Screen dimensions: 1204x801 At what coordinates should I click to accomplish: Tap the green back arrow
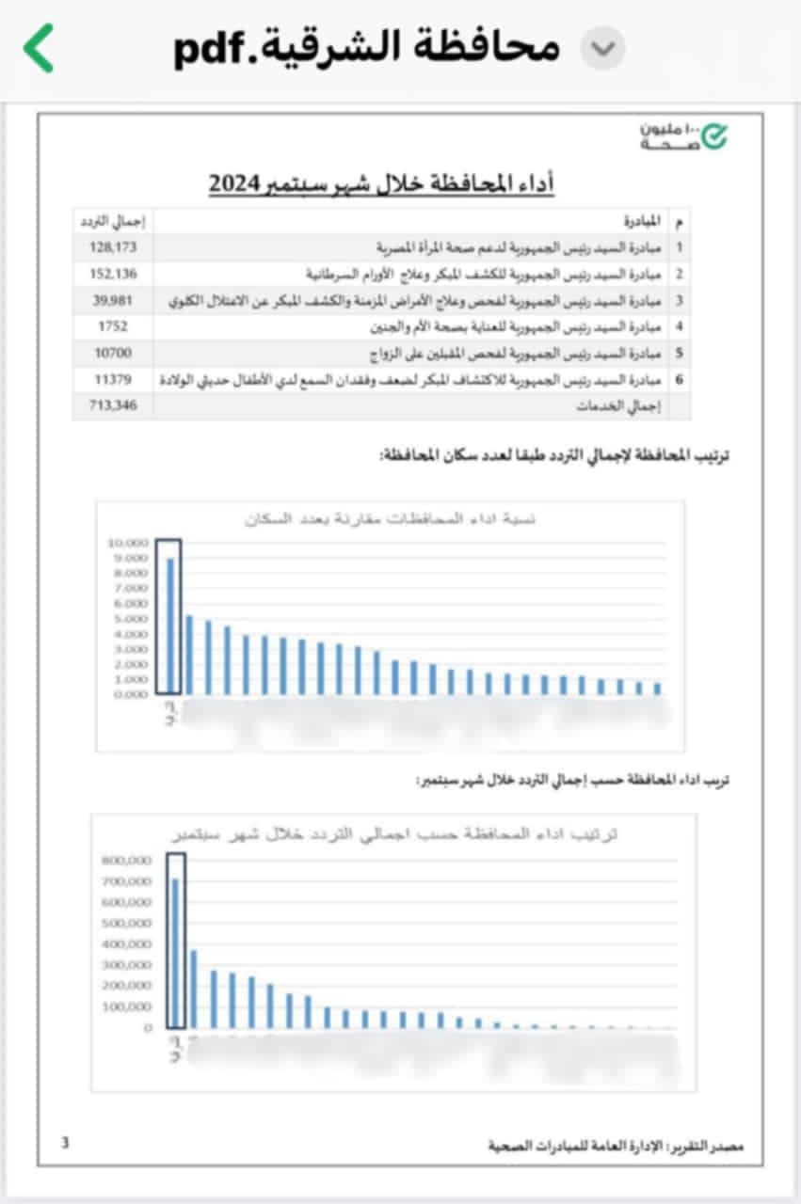(x=40, y=48)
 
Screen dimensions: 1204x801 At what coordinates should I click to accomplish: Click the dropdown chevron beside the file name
(x=602, y=48)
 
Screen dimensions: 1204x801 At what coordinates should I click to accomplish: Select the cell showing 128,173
(x=111, y=248)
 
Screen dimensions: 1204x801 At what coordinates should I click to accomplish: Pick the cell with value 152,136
(x=111, y=275)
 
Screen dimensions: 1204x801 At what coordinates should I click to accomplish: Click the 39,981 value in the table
(x=111, y=301)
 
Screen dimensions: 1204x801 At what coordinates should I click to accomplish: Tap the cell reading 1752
(x=111, y=327)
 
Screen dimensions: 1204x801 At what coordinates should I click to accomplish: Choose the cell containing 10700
(x=111, y=354)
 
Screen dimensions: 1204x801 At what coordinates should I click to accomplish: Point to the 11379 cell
(x=111, y=380)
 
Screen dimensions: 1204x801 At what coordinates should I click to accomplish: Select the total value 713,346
(x=111, y=406)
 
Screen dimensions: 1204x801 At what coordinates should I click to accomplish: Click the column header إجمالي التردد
(x=111, y=222)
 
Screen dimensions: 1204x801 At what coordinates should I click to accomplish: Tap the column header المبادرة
(x=644, y=222)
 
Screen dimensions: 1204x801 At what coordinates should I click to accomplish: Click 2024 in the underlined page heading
(x=239, y=182)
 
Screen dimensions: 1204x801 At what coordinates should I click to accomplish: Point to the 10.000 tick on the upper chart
(x=128, y=543)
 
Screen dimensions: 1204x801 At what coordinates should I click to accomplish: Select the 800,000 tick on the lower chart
(x=125, y=860)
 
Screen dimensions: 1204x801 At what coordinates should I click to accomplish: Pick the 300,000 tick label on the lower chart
(x=125, y=965)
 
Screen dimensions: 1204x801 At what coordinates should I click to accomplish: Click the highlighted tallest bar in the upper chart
(x=169, y=626)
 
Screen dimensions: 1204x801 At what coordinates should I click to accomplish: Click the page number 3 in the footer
(x=65, y=1143)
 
